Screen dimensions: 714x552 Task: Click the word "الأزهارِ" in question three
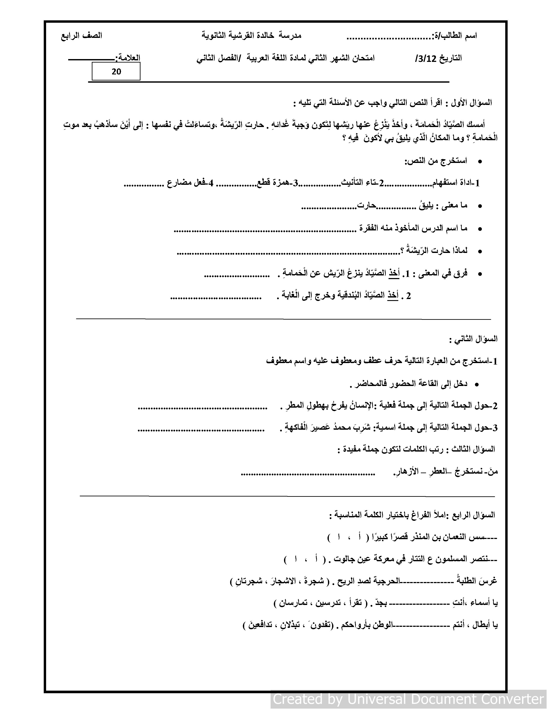(x=405, y=471)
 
